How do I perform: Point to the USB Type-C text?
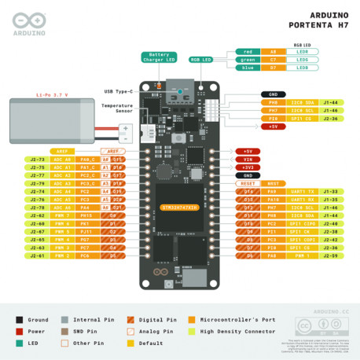pyautogui.click(x=121, y=91)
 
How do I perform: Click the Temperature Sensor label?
pyautogui.click(x=118, y=107)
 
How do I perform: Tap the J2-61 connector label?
pyautogui.click(x=38, y=255)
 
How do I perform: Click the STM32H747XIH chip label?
pyautogui.click(x=180, y=208)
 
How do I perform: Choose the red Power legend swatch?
pyautogui.click(x=19, y=332)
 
